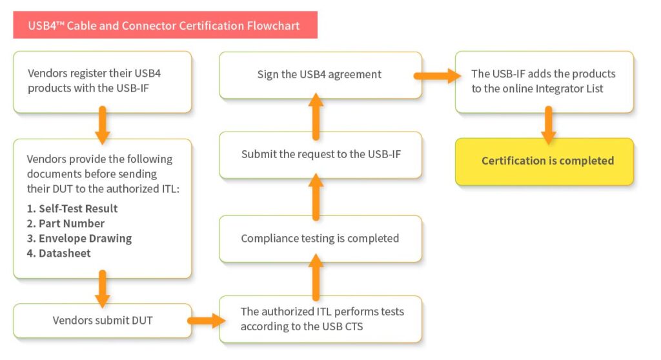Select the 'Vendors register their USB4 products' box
point(103,82)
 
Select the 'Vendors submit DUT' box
point(103,320)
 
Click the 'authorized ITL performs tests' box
point(321,319)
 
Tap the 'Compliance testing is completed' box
point(320,238)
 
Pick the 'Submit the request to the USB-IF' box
point(320,155)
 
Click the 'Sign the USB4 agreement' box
point(320,75)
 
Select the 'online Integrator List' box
point(544,82)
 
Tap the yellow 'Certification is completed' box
point(544,161)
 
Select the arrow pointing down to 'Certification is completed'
point(549,125)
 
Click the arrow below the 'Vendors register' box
point(103,125)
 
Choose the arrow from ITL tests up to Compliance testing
point(316,277)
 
